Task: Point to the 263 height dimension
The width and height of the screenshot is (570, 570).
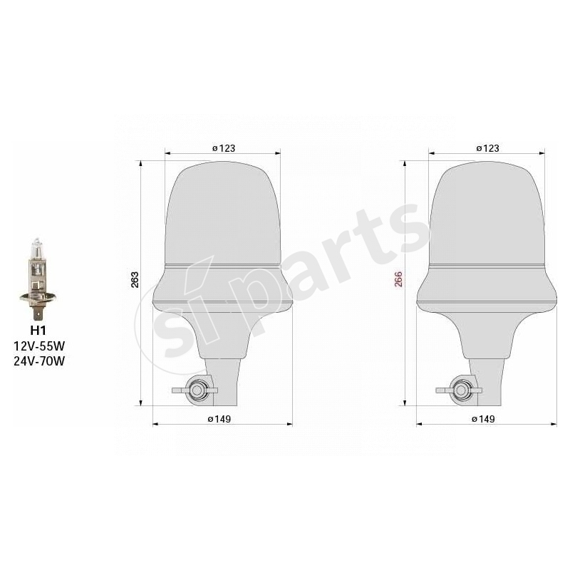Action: click(x=135, y=279)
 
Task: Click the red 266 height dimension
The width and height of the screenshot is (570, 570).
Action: click(x=398, y=279)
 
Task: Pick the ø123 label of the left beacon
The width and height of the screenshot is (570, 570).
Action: click(x=223, y=148)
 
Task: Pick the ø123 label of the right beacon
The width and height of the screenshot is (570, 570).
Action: click(x=487, y=148)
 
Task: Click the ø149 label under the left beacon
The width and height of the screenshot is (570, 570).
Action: click(x=219, y=419)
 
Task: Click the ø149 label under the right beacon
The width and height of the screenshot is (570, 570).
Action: click(x=483, y=419)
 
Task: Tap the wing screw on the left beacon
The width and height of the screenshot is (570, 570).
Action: click(x=196, y=390)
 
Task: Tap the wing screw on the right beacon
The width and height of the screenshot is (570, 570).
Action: click(x=460, y=390)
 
